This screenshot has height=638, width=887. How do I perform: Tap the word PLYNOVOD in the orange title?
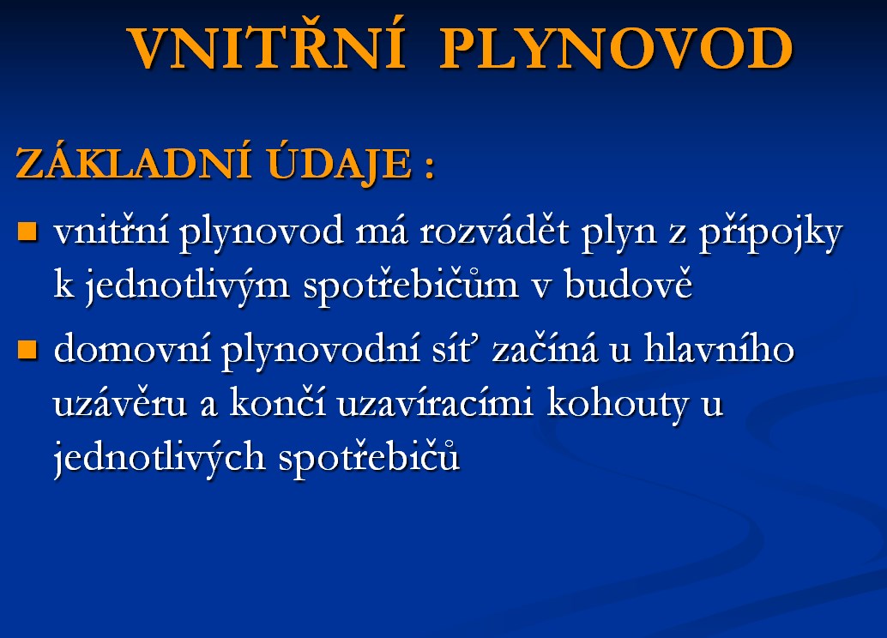click(616, 49)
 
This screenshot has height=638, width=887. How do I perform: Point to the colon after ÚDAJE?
click(428, 167)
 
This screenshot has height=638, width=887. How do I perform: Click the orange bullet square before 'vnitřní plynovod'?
click(27, 232)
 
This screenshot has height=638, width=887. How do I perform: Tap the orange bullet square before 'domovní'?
click(27, 350)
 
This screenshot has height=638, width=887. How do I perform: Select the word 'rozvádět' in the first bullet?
click(494, 231)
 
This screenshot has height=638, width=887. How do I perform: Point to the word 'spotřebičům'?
click(411, 286)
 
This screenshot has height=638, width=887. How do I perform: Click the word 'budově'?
click(628, 282)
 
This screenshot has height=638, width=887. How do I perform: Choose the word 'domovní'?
click(132, 349)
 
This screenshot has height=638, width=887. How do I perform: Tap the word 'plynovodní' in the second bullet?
click(321, 351)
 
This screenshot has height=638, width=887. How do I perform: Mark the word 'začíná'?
click(545, 347)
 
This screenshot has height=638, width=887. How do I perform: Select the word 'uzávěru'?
click(120, 403)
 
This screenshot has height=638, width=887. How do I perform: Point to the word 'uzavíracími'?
click(435, 403)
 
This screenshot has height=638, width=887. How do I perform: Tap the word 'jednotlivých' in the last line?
click(160, 458)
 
